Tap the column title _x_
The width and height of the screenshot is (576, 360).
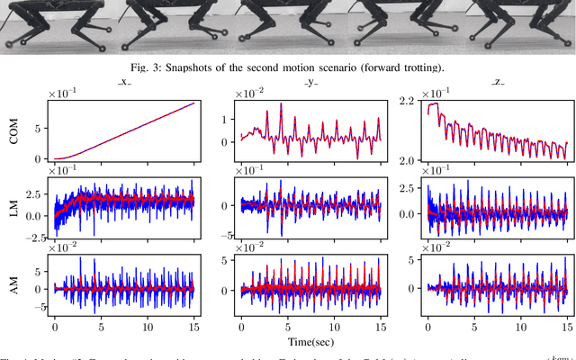pyautogui.click(x=123, y=82)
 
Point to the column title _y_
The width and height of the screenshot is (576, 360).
pyautogui.click(x=308, y=82)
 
